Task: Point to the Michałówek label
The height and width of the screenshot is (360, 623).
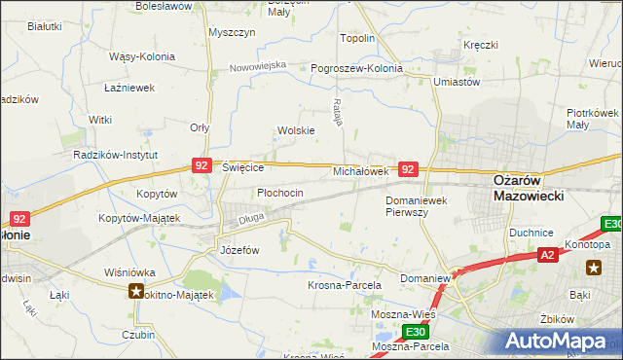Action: (361, 170)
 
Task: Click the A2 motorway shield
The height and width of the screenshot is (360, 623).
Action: (549, 254)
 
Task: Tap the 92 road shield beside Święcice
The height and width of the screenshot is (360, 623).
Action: (202, 166)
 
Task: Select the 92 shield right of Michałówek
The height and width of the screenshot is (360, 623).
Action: (409, 169)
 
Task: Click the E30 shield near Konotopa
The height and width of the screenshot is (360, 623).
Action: (611, 225)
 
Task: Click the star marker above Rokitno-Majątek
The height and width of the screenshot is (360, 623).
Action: (135, 291)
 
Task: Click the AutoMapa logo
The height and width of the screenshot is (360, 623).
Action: (560, 341)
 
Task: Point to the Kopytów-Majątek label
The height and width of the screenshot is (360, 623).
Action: (139, 218)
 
